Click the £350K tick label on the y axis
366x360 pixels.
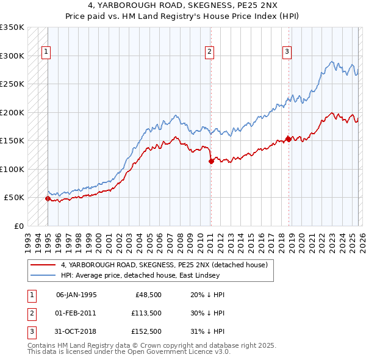pos(12,27)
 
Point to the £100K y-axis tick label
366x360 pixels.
pos(12,169)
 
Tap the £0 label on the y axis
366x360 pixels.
pos(18,226)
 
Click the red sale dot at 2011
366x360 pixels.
pos(211,162)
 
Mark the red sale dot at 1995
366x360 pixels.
pos(48,198)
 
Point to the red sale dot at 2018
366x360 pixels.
pos(289,139)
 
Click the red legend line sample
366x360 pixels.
pos(43,265)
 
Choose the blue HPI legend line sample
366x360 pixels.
pos(43,276)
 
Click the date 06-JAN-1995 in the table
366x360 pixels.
pos(76,295)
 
